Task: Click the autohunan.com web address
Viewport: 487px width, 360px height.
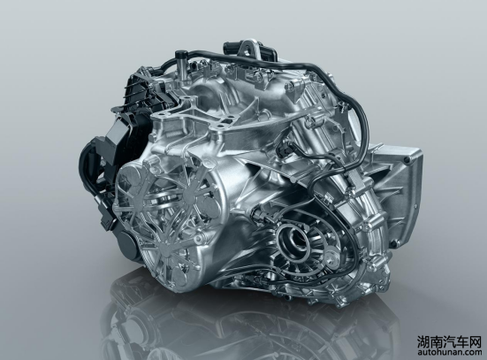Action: point(448,352)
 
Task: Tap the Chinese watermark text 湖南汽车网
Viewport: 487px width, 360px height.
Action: point(448,341)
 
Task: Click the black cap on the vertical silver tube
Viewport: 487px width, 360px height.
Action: point(179,55)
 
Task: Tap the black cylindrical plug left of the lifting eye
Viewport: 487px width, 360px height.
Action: point(229,49)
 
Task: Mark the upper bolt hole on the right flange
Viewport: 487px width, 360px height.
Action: point(405,160)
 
